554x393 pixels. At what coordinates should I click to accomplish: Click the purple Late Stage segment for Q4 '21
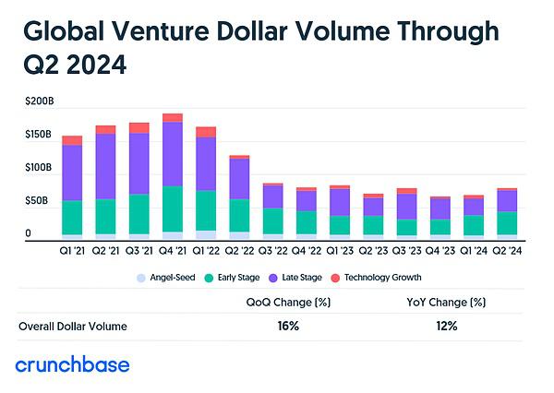(172, 153)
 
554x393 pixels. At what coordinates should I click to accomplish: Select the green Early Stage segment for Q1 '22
(206, 209)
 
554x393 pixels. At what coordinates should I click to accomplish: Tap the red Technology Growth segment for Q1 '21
(72, 140)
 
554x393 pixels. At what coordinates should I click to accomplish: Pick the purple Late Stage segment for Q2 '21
(105, 166)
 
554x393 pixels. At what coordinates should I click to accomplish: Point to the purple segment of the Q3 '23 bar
(406, 207)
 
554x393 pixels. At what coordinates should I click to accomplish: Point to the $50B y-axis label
(38, 200)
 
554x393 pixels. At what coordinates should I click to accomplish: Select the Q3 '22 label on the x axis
(272, 249)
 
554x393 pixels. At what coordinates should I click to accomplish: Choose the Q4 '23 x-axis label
(440, 249)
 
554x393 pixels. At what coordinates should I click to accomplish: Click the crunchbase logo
(73, 364)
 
